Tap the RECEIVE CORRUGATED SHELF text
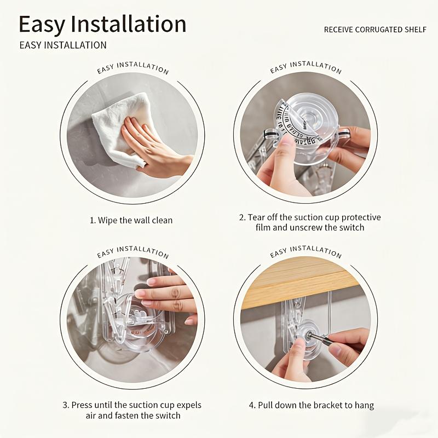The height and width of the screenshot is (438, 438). (x=375, y=30)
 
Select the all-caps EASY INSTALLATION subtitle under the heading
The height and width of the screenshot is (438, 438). (x=63, y=45)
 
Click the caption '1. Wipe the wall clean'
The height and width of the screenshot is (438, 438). (x=131, y=220)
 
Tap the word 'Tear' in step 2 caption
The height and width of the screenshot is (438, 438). (x=258, y=217)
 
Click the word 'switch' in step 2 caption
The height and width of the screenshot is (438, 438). (x=351, y=227)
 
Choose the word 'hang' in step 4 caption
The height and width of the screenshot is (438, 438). (x=364, y=406)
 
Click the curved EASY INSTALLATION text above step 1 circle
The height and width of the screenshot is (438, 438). (x=132, y=68)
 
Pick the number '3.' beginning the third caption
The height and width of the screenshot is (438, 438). (x=66, y=405)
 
